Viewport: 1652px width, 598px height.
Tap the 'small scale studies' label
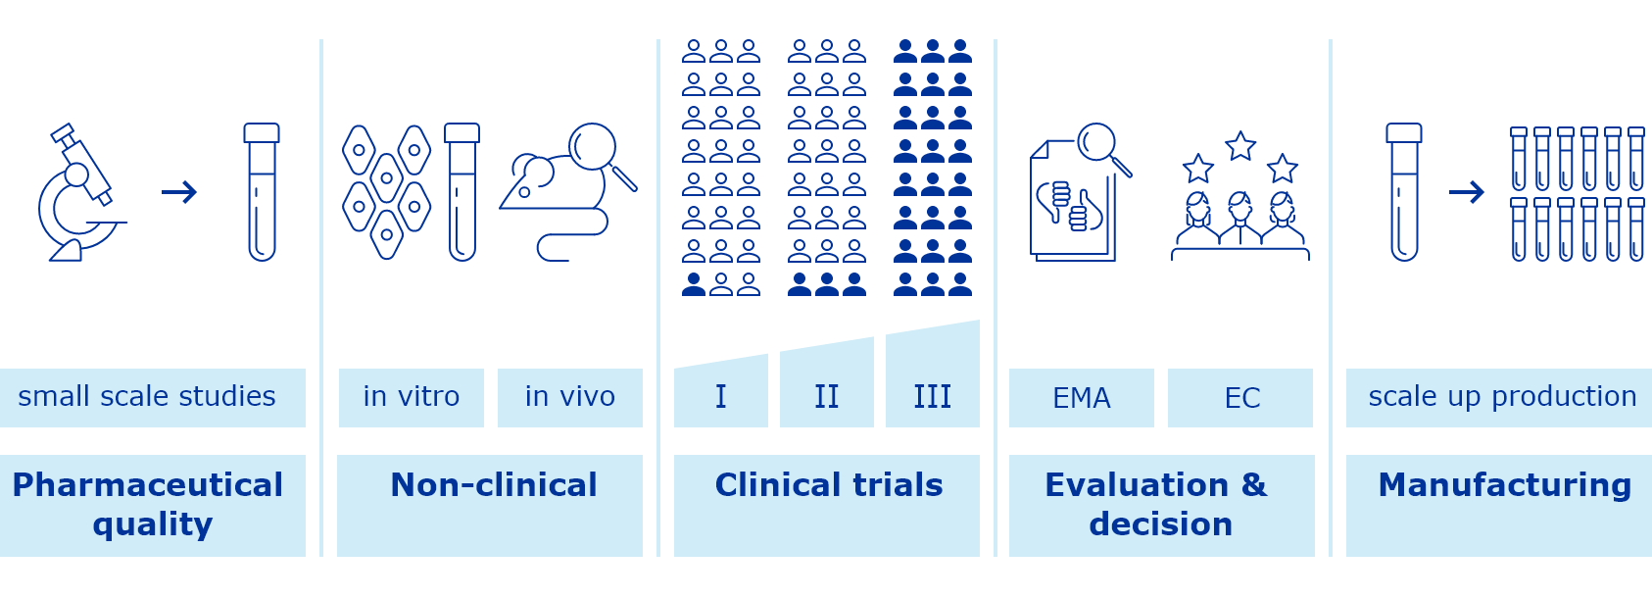click(x=147, y=397)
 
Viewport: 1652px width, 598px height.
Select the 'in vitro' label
click(x=412, y=397)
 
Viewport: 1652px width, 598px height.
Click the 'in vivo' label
click(x=570, y=397)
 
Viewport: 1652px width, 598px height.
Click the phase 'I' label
click(x=721, y=397)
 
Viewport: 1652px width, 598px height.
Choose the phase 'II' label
click(x=827, y=397)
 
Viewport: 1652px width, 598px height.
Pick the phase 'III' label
click(x=933, y=397)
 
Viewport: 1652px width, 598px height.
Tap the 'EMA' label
click(x=1082, y=398)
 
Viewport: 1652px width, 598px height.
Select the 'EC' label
click(x=1241, y=398)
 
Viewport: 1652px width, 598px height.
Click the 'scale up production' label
click(x=1502, y=397)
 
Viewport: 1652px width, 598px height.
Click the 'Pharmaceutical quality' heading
click(x=149, y=504)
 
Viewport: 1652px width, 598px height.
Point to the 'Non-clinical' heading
click(x=493, y=485)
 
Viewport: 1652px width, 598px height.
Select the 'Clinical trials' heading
click(x=829, y=485)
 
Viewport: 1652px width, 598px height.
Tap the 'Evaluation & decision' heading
click(x=1158, y=504)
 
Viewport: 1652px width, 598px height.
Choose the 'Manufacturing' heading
click(x=1505, y=485)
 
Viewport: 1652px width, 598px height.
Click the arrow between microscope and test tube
click(x=179, y=192)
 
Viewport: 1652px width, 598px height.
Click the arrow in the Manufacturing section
click(x=1467, y=192)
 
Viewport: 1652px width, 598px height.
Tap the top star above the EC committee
click(x=1240, y=146)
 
